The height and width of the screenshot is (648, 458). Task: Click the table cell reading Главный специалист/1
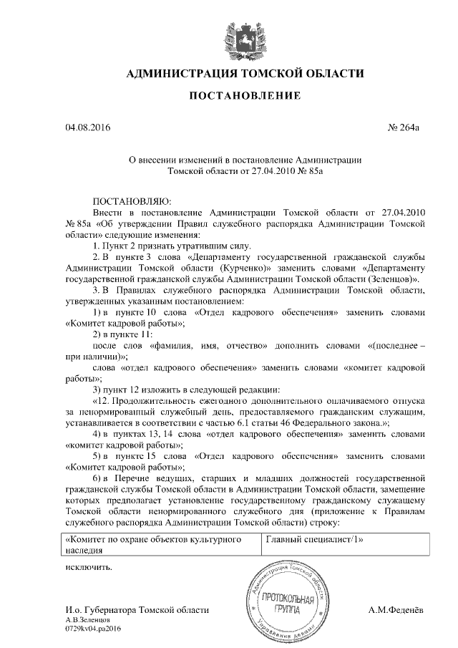[311, 540]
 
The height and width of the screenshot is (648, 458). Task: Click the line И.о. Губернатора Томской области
[137, 610]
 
